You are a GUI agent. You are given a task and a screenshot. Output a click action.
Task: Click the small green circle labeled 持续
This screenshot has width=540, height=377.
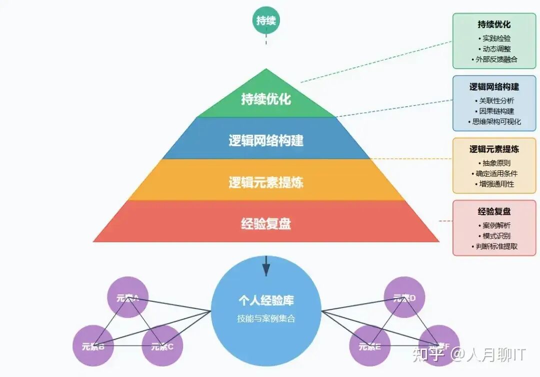coord(266,21)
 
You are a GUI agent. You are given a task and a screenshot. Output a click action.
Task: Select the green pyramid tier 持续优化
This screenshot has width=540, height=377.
coord(266,99)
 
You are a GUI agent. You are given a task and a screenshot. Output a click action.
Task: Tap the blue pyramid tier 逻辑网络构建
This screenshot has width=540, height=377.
coord(266,140)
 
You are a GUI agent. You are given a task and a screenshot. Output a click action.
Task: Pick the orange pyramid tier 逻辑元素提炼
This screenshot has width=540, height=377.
coord(266,182)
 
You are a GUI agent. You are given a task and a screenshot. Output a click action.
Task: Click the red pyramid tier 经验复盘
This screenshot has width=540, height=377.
coord(266,223)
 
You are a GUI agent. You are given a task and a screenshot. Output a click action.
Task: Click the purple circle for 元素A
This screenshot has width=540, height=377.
coord(128,297)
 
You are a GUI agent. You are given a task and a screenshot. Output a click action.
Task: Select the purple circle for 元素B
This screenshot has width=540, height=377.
coord(93,345)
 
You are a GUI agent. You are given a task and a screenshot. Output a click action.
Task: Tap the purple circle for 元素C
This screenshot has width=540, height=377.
coord(162,345)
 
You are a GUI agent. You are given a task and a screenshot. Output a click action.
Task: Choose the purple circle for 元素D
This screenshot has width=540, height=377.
coord(404,297)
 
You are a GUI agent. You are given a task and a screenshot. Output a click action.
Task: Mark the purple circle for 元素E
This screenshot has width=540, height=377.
coord(370,345)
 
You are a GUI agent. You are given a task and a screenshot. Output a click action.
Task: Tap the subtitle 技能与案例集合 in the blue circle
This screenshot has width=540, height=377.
coord(266,318)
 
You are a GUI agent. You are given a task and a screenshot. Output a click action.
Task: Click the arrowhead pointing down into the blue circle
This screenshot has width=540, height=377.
coord(266,270)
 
